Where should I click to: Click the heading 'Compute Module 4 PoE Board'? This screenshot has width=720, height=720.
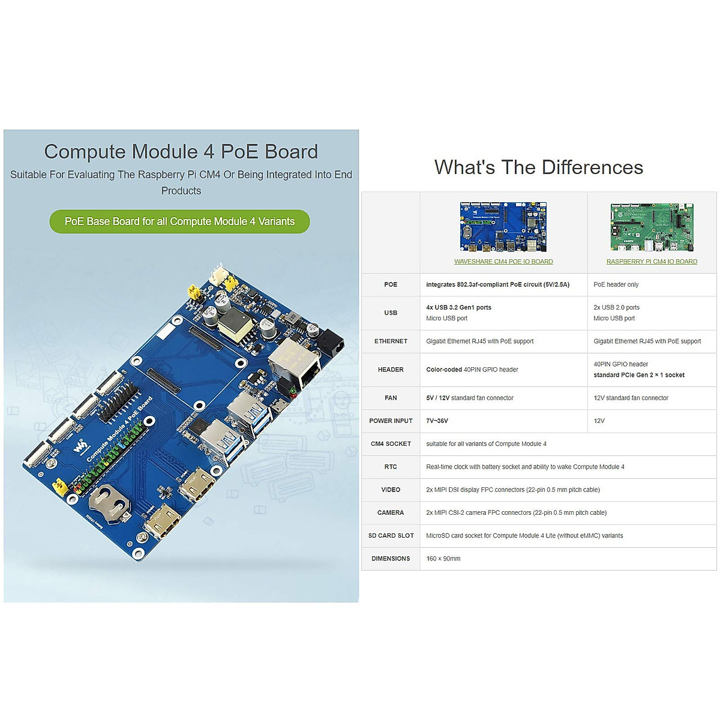[181, 152]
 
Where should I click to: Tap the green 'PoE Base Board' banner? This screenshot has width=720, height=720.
[179, 221]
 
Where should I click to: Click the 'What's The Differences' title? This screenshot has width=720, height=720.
[538, 167]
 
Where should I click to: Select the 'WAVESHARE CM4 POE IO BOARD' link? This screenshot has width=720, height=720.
[503, 262]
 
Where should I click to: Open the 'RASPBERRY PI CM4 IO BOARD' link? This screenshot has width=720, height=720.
[652, 262]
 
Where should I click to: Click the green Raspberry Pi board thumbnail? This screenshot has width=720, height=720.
[652, 227]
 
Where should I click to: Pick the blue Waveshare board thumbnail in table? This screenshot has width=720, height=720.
[503, 227]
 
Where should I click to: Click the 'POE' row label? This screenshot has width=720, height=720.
[391, 284]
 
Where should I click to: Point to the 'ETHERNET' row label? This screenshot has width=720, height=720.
[391, 341]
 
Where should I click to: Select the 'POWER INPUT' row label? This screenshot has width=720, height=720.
[391, 421]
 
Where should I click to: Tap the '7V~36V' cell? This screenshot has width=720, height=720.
[437, 421]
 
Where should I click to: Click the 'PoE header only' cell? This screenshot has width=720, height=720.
[616, 284]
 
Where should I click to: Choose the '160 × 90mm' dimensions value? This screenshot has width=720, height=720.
[443, 559]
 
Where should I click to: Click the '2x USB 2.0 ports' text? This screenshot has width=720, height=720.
[616, 307]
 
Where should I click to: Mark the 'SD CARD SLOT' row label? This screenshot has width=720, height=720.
[391, 536]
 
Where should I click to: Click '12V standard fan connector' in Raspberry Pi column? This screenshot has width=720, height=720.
[631, 398]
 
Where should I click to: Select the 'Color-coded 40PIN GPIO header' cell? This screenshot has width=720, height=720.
[472, 370]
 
